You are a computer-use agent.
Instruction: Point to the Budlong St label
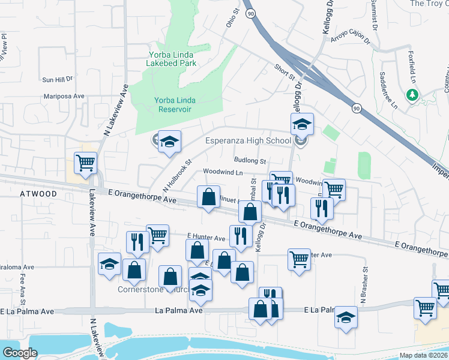(x=250, y=161)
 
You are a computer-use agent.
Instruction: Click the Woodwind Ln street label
(x=223, y=172)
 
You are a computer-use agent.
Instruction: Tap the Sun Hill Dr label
(x=57, y=79)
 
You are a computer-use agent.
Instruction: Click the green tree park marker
(x=412, y=95)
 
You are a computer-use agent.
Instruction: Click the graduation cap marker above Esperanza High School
(x=302, y=125)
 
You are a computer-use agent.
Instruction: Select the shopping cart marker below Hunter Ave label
(x=299, y=259)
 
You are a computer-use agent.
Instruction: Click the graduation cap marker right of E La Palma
(x=346, y=317)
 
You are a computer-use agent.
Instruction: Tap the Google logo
(x=20, y=353)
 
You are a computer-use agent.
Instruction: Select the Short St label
(x=285, y=73)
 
